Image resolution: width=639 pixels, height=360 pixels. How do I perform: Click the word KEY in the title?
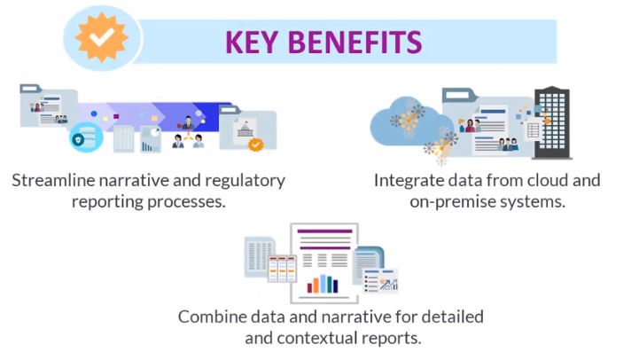(x=252, y=43)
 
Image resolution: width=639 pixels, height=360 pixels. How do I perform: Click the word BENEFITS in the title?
(x=355, y=43)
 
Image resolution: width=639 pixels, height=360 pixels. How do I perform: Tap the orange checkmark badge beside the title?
(x=101, y=37)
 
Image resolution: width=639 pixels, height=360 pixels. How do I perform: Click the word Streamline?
(x=53, y=180)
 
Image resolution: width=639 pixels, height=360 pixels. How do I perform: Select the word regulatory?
(x=245, y=181)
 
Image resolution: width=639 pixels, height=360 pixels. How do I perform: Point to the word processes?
(x=186, y=202)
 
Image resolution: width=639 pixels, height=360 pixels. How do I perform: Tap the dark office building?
(x=552, y=122)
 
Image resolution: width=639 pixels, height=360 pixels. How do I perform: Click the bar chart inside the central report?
(x=323, y=284)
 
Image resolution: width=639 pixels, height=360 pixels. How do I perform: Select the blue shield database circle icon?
(x=86, y=137)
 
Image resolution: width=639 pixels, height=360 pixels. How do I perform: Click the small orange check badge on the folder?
(x=256, y=144)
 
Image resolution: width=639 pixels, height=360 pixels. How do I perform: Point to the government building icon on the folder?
(x=245, y=130)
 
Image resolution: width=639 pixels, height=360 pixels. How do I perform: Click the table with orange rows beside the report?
(x=282, y=269)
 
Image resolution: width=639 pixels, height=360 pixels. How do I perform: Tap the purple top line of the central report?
(x=324, y=231)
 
